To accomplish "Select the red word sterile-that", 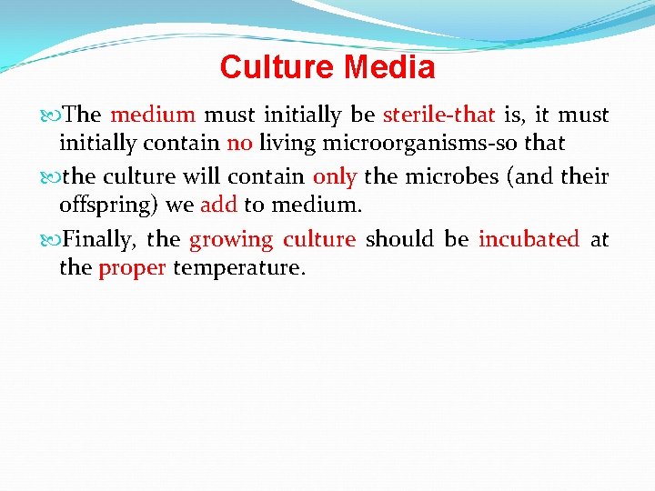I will pos(439,115).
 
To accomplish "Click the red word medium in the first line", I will pos(153,115).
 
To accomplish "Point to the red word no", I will pos(239,143).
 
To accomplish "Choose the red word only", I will pos(334,176).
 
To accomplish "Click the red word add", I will pos(218,205).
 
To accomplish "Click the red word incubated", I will pos(529,239).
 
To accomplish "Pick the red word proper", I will pos(132,268).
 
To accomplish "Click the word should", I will pos(399,239).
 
